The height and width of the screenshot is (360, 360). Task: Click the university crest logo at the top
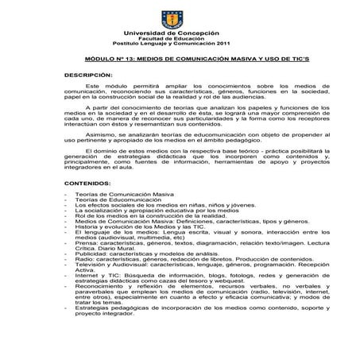(x=180, y=17)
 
